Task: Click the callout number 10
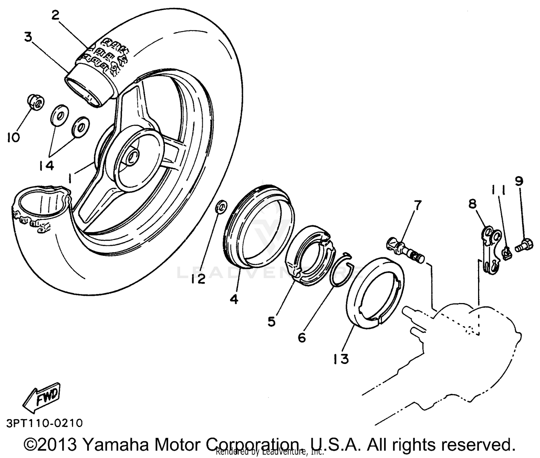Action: pyautogui.click(x=13, y=137)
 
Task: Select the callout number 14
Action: pyautogui.click(x=47, y=165)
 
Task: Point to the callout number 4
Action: pyautogui.click(x=234, y=299)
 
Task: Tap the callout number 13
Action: pyautogui.click(x=341, y=359)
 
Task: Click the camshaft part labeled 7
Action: pyautogui.click(x=405, y=250)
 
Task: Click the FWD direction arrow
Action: pyautogui.click(x=40, y=397)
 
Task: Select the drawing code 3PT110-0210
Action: pyautogui.click(x=44, y=423)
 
